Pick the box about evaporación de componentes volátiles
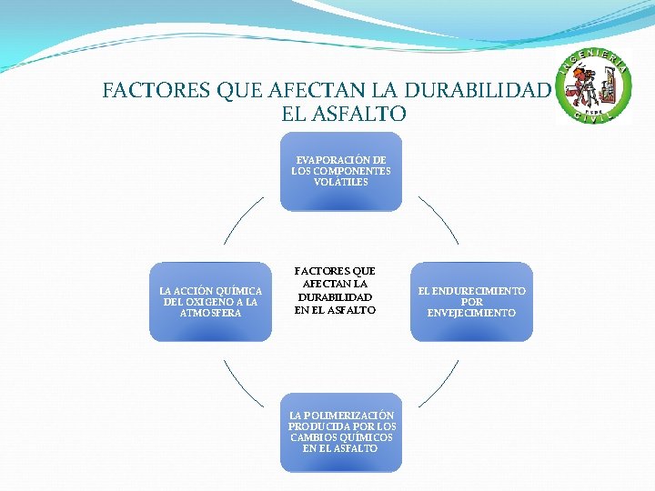340,171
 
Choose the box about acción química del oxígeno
210,302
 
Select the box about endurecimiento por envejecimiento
471,302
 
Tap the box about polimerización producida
341,432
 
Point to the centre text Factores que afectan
335,291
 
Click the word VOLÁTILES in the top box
341,182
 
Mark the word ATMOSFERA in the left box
210,313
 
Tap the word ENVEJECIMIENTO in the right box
471,313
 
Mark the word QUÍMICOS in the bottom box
355,437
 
